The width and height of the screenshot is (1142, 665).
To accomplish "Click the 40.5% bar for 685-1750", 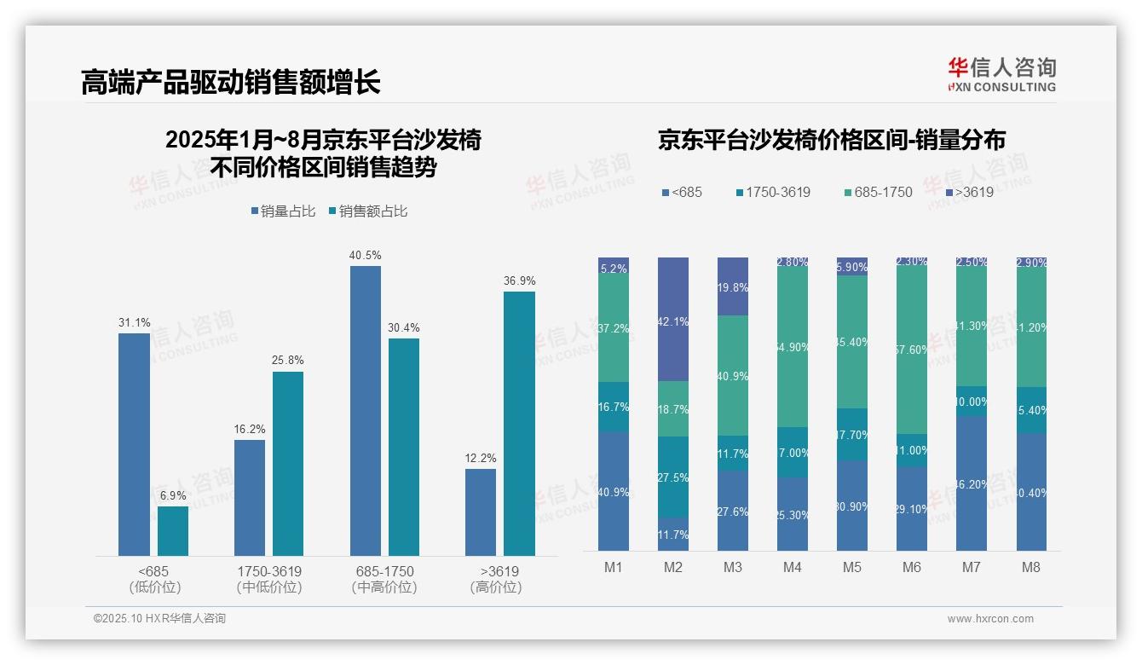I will click(x=366, y=411).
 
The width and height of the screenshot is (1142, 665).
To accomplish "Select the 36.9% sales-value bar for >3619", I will click(x=519, y=424).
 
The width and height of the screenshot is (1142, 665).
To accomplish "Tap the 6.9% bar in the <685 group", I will click(x=173, y=531).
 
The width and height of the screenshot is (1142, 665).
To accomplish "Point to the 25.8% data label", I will click(x=288, y=361).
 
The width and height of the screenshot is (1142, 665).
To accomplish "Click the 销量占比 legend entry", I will click(x=283, y=211).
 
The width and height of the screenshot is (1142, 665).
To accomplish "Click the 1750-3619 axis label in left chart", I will click(x=268, y=571).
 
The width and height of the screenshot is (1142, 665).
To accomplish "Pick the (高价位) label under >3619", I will click(x=496, y=587).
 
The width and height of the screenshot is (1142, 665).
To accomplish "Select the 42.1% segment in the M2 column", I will click(x=672, y=320).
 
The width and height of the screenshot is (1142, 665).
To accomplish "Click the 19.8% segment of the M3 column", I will click(x=732, y=286).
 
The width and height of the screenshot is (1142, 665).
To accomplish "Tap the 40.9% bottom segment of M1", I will click(x=613, y=491).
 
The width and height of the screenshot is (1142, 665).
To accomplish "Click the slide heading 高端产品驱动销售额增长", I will click(x=230, y=82).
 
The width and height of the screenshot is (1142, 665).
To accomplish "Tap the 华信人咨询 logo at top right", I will click(x=1001, y=74).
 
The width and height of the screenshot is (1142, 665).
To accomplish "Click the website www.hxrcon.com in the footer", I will click(x=989, y=619).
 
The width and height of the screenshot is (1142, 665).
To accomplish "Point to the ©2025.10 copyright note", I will click(x=159, y=619).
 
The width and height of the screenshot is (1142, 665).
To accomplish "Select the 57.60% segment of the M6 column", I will click(x=911, y=350).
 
